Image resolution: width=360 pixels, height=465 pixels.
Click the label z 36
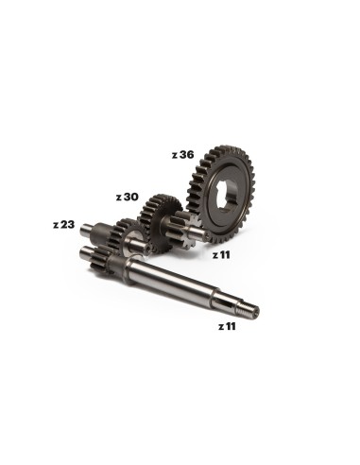pos(182,155)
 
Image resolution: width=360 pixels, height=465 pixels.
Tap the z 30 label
pos(127,198)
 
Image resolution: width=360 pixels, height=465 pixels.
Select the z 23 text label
pos(64,225)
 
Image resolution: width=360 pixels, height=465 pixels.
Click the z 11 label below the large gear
pos(221,255)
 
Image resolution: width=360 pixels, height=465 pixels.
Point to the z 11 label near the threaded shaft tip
pos(227,327)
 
